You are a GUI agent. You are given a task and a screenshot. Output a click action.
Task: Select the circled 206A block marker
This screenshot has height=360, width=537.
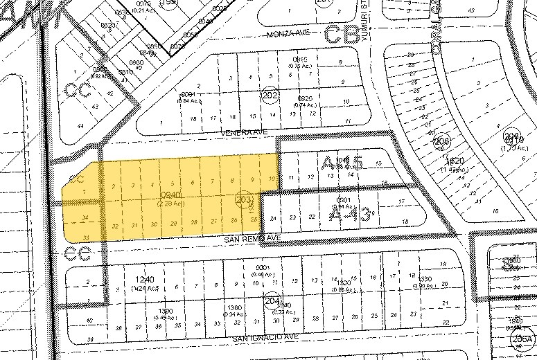[x=525, y=339]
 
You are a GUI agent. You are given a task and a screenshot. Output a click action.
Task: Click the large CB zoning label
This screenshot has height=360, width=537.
[x=342, y=34]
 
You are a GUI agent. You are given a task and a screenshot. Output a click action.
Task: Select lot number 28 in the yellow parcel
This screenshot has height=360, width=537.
[x=195, y=222]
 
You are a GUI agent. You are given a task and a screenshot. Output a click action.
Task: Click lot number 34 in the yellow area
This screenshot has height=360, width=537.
[x=85, y=219]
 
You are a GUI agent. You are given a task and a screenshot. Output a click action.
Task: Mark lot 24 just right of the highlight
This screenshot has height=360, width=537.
[x=274, y=219]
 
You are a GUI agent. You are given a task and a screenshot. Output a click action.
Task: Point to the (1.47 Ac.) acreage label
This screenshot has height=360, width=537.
[x=445, y=168]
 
